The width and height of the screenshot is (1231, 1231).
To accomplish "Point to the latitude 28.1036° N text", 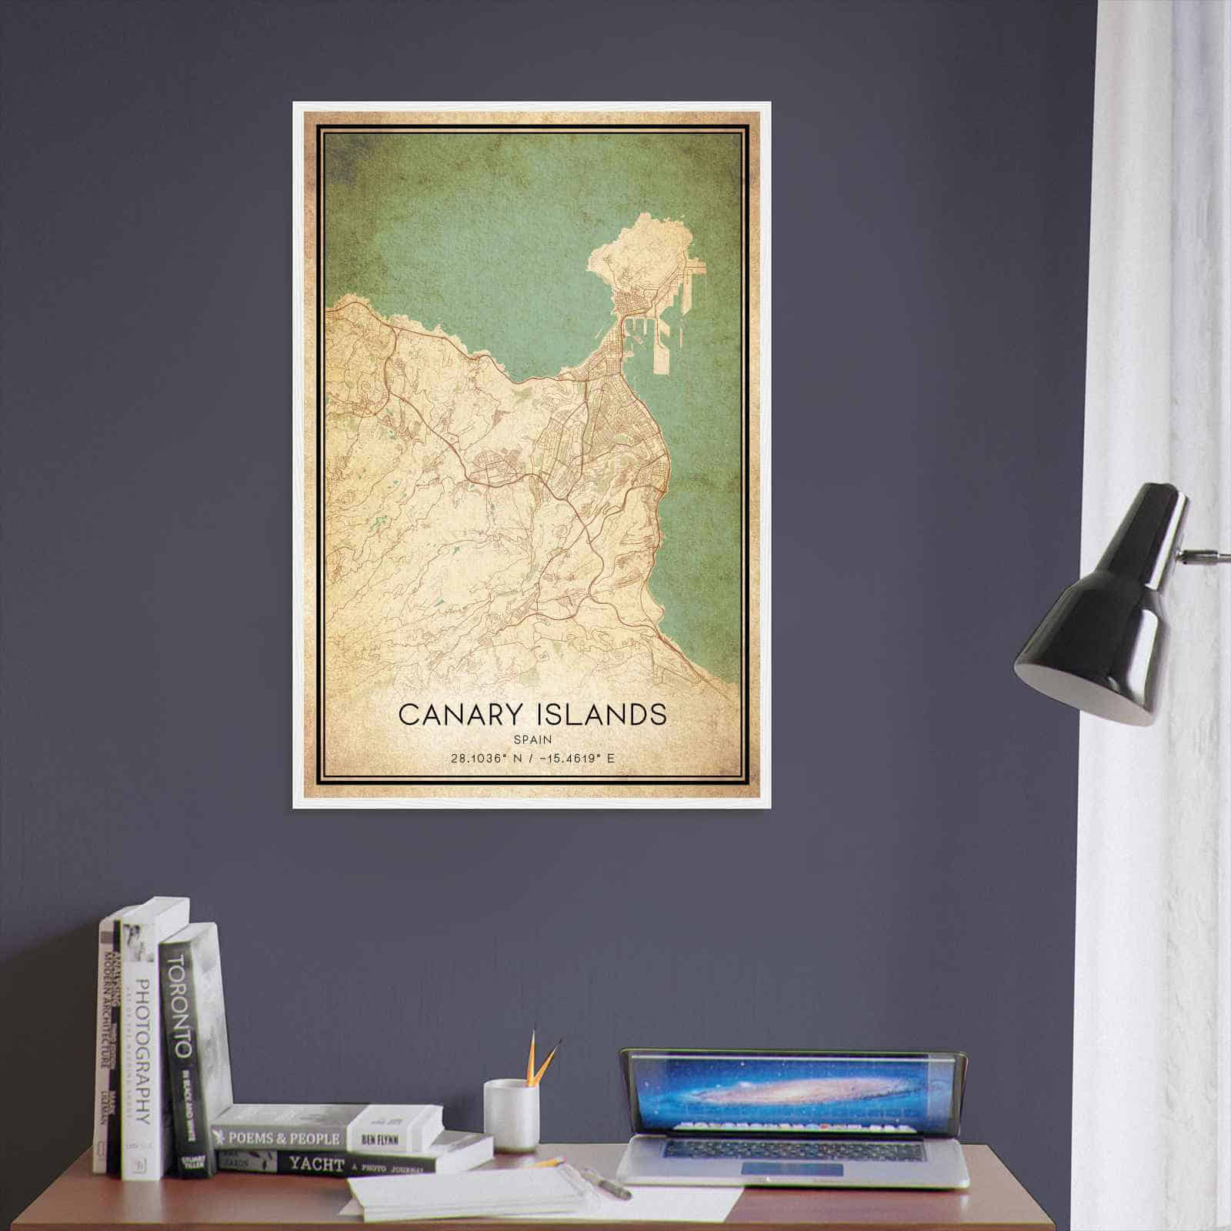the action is tap(485, 759).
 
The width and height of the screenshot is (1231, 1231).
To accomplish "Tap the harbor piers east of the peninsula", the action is tap(677, 323).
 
